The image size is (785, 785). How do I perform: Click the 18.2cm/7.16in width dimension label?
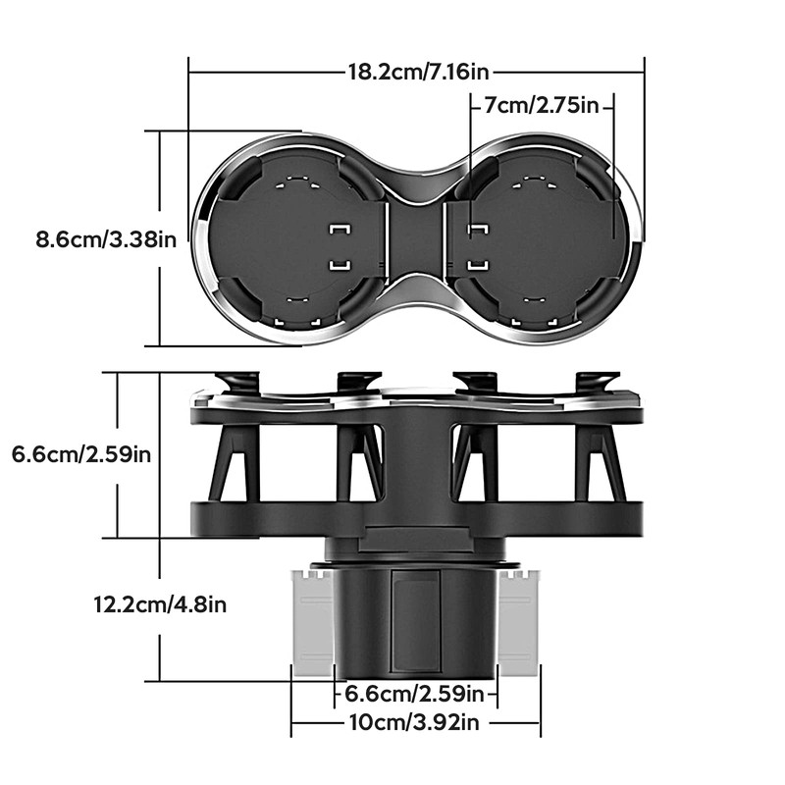click(418, 72)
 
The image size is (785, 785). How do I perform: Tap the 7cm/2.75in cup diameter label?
click(542, 106)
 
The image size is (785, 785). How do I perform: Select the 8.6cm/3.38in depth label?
click(106, 239)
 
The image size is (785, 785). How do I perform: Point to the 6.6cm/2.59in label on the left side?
click(81, 454)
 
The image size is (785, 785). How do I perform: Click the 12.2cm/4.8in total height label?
click(160, 604)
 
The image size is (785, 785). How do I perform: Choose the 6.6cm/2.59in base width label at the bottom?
click(414, 694)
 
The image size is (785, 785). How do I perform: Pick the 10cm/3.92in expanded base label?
click(414, 722)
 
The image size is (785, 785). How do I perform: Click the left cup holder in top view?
click(295, 239)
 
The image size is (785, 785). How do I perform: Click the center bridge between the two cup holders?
click(416, 239)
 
